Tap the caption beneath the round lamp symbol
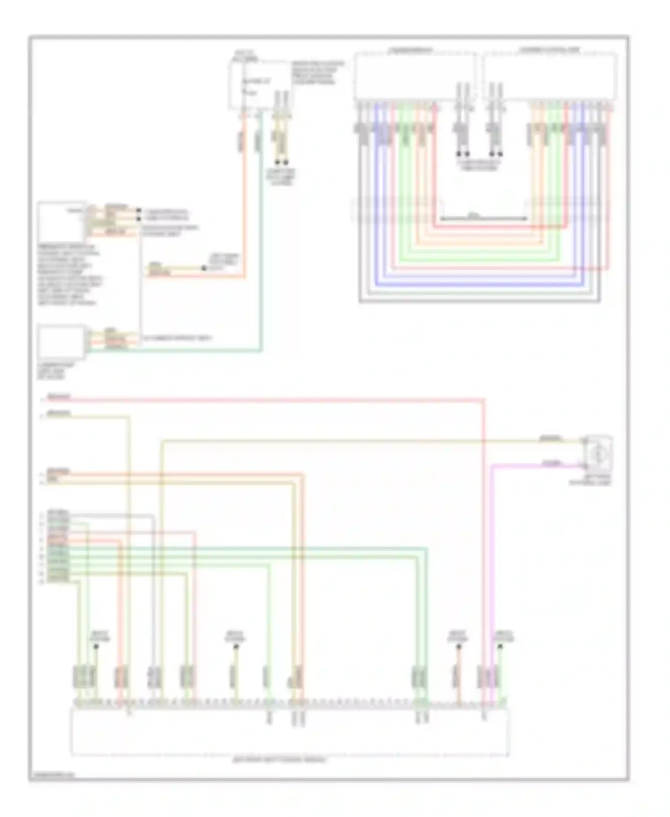[x=590, y=480]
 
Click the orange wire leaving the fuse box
[x=245, y=201]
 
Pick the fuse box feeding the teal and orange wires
[x=259, y=85]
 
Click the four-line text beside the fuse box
[x=318, y=72]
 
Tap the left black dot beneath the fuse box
[x=277, y=162]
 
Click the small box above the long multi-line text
[x=61, y=222]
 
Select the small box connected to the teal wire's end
[x=61, y=342]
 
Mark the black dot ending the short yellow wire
[x=204, y=268]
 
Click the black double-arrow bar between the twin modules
[x=484, y=219]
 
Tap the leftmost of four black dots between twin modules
[x=459, y=154]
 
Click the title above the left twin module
[x=410, y=50]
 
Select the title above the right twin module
[x=549, y=50]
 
